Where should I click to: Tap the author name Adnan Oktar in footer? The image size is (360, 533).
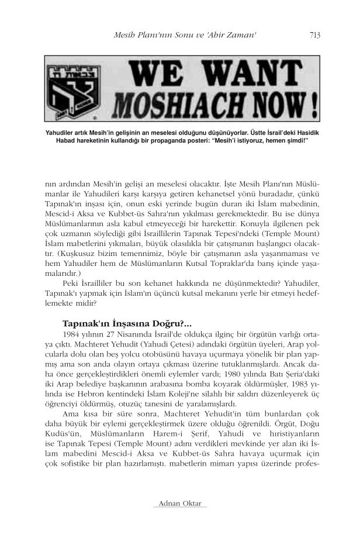click(x=178, y=504)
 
